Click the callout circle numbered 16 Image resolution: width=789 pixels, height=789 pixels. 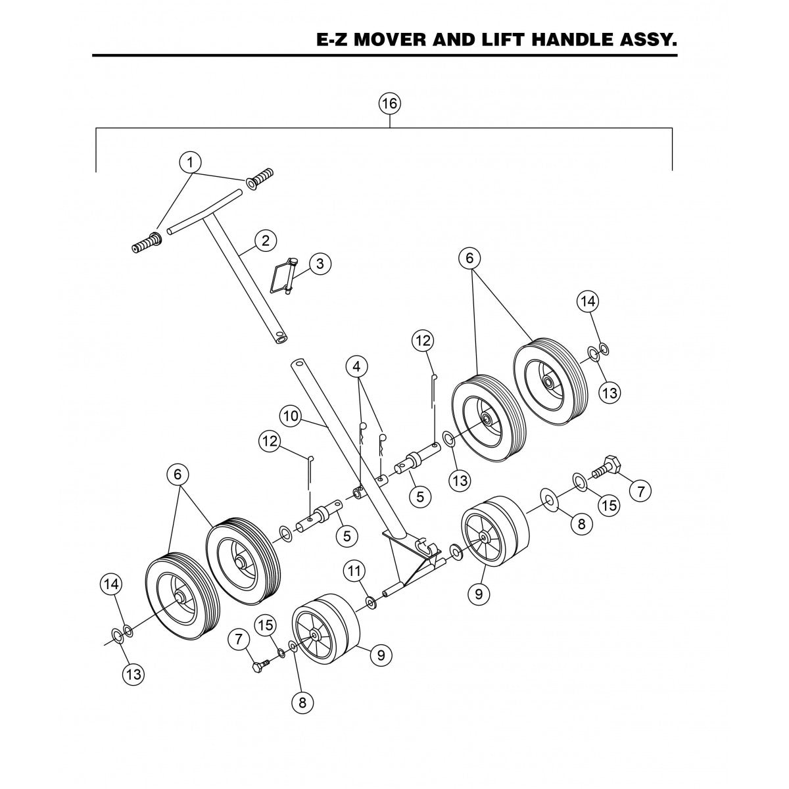(390, 103)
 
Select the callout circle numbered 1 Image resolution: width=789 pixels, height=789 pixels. (190, 161)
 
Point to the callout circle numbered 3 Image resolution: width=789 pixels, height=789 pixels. (320, 264)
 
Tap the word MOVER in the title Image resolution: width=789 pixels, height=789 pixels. (384, 41)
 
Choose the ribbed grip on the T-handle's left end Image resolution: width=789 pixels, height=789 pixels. (147, 243)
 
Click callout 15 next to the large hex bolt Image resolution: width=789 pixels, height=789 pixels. (609, 505)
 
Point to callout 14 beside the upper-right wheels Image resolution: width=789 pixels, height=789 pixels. (588, 301)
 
